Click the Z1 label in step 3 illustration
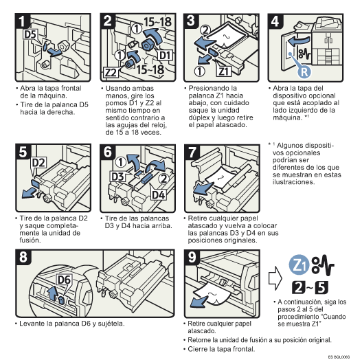point(225,70)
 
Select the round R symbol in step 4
point(305,69)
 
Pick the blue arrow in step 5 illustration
point(29,189)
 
